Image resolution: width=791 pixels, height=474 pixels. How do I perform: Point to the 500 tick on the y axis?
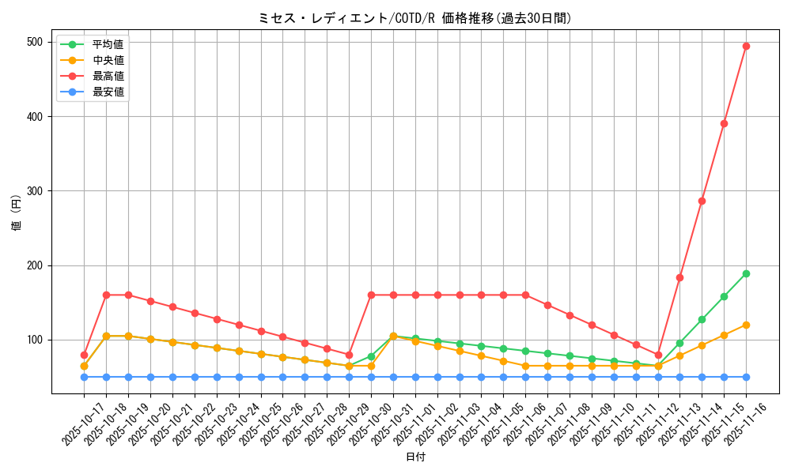36,42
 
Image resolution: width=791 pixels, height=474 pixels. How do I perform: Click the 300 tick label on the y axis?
36,191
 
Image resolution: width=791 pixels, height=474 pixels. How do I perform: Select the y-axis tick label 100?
36,340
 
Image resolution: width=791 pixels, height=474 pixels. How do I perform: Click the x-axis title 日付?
414,457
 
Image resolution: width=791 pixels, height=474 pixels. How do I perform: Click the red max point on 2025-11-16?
746,46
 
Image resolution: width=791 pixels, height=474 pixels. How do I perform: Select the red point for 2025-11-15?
724,123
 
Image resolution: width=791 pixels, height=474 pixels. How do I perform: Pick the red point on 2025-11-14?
702,201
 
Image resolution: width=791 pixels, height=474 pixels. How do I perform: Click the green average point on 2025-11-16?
746,273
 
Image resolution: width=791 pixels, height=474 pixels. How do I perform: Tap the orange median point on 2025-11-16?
746,325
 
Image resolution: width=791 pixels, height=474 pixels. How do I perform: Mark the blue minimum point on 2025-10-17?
84,377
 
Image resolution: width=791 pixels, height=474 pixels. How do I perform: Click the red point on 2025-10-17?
84,355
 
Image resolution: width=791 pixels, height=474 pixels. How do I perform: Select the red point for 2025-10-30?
371,295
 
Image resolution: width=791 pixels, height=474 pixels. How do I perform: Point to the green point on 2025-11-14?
702,319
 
